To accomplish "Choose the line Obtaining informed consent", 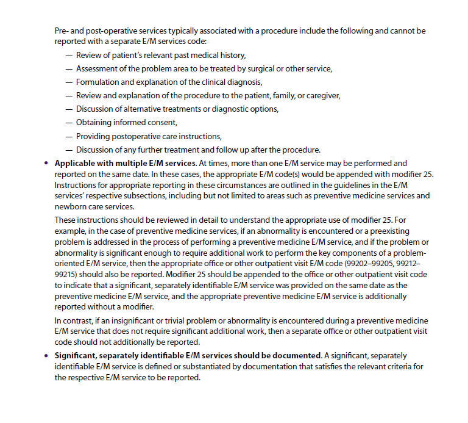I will tap(126, 123).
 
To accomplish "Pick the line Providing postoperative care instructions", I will tap(149, 136).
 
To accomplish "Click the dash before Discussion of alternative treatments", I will tap(68, 109).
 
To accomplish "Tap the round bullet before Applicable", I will tap(46, 164).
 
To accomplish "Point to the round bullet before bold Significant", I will tap(46, 355).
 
